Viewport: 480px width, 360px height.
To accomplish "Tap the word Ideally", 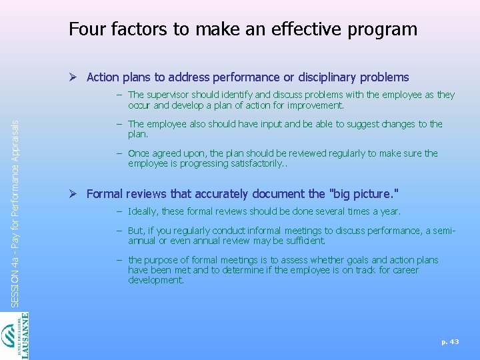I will pos(144,211).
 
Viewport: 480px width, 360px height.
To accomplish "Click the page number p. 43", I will pos(450,341).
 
